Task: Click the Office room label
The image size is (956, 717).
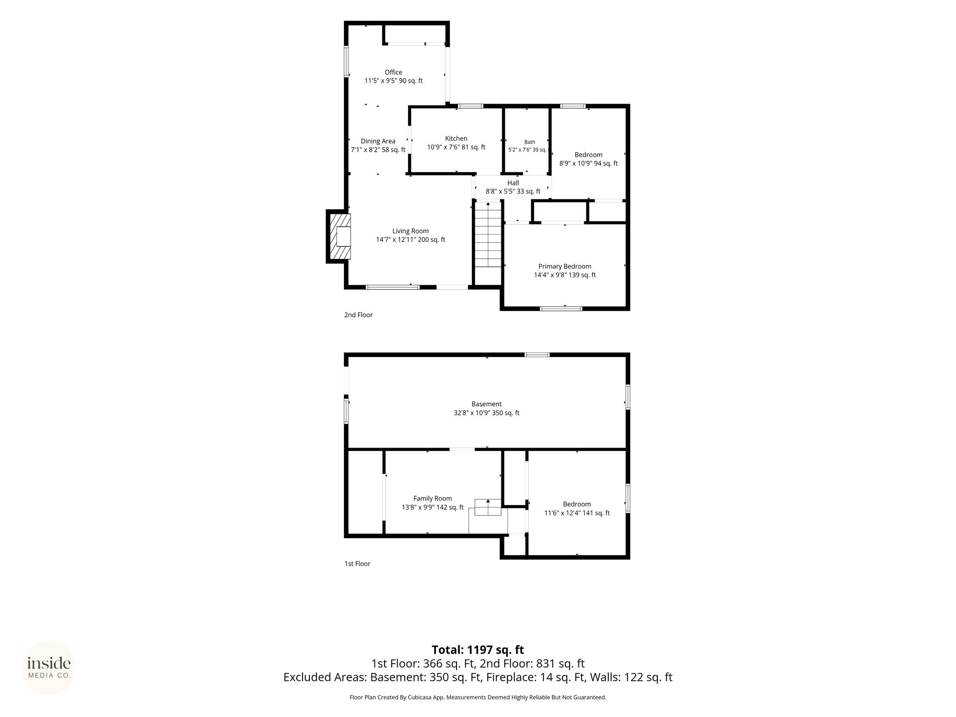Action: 394,72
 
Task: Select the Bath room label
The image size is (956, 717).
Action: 530,142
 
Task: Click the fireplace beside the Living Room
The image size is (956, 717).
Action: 338,236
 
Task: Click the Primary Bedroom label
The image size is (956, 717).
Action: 565,267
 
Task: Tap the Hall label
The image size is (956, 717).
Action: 513,183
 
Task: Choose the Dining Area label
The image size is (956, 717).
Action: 378,141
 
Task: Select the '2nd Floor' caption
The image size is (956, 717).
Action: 358,315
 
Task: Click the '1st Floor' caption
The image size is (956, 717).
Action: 357,564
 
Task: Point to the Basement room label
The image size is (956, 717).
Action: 486,404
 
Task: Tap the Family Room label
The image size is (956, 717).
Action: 433,499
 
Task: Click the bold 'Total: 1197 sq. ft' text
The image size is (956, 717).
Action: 478,650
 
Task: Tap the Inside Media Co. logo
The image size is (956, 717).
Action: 49,668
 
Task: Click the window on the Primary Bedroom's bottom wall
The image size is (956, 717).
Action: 561,309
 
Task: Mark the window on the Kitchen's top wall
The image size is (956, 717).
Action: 470,106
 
